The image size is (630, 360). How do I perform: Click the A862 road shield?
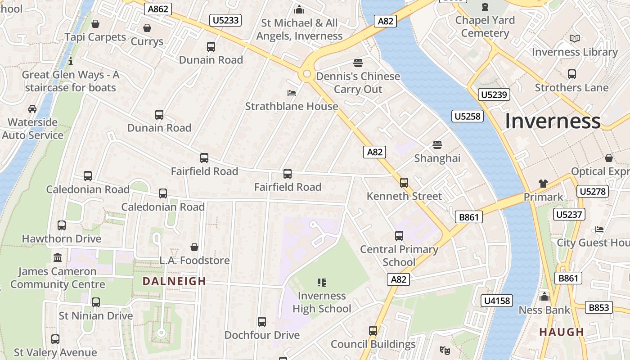tap(158, 9)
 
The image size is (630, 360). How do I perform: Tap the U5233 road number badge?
tap(225, 20)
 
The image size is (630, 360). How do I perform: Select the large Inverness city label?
tap(552, 121)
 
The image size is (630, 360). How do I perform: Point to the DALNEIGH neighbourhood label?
tap(174, 281)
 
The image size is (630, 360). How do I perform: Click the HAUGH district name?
tap(562, 332)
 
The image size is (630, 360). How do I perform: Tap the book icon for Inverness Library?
tap(574, 39)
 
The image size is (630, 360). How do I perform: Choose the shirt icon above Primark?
tap(543, 184)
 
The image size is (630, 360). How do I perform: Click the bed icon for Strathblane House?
tap(292, 93)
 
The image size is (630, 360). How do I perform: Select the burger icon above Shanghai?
tap(437, 145)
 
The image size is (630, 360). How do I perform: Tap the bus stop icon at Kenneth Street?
tap(404, 182)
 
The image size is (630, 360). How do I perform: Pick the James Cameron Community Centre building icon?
tap(58, 258)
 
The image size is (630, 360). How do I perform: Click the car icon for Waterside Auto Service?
tap(32, 109)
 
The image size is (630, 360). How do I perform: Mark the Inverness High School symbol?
tap(321, 283)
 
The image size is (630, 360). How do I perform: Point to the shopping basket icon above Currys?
tap(147, 28)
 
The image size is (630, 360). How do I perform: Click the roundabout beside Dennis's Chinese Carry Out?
tap(307, 74)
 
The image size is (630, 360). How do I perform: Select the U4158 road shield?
tap(497, 301)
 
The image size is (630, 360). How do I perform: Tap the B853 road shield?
tap(599, 307)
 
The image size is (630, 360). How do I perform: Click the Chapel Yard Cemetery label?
tap(485, 27)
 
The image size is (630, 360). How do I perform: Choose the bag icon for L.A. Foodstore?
tap(194, 247)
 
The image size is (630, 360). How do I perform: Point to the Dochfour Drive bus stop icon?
tap(262, 322)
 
